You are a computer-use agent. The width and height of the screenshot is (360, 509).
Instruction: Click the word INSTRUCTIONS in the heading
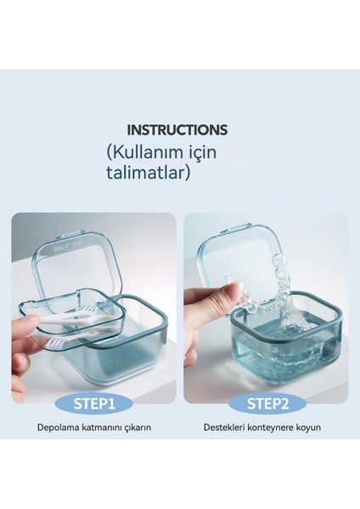(x=177, y=131)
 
